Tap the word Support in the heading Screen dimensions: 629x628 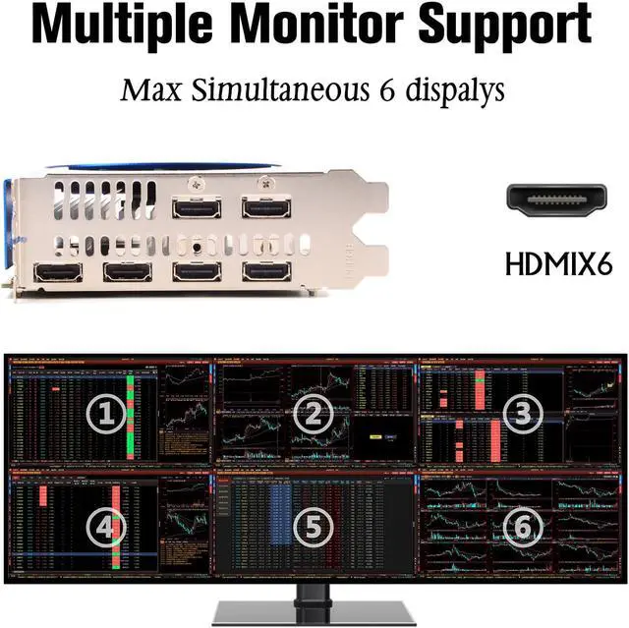516,27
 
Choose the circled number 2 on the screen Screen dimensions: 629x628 314,415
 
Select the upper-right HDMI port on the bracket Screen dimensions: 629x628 264,208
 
